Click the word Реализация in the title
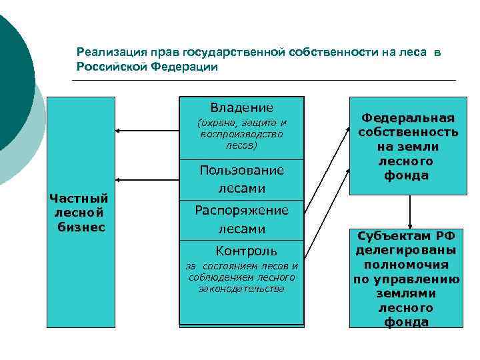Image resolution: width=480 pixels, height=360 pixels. click(x=105, y=52)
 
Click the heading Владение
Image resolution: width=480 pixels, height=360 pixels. click(x=241, y=107)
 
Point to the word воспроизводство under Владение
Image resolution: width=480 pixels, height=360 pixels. click(x=241, y=134)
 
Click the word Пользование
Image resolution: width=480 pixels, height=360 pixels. click(x=241, y=170)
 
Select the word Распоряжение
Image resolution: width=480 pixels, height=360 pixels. click(x=241, y=210)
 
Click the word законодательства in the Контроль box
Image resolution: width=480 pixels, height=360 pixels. click(x=241, y=289)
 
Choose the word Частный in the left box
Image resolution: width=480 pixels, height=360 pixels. click(x=79, y=198)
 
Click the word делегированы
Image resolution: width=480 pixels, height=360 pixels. click(x=406, y=250)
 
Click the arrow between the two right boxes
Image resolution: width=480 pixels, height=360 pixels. click(x=409, y=211)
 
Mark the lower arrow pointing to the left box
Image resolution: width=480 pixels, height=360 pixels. click(x=147, y=180)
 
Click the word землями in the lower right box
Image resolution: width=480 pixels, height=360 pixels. click(x=406, y=293)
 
